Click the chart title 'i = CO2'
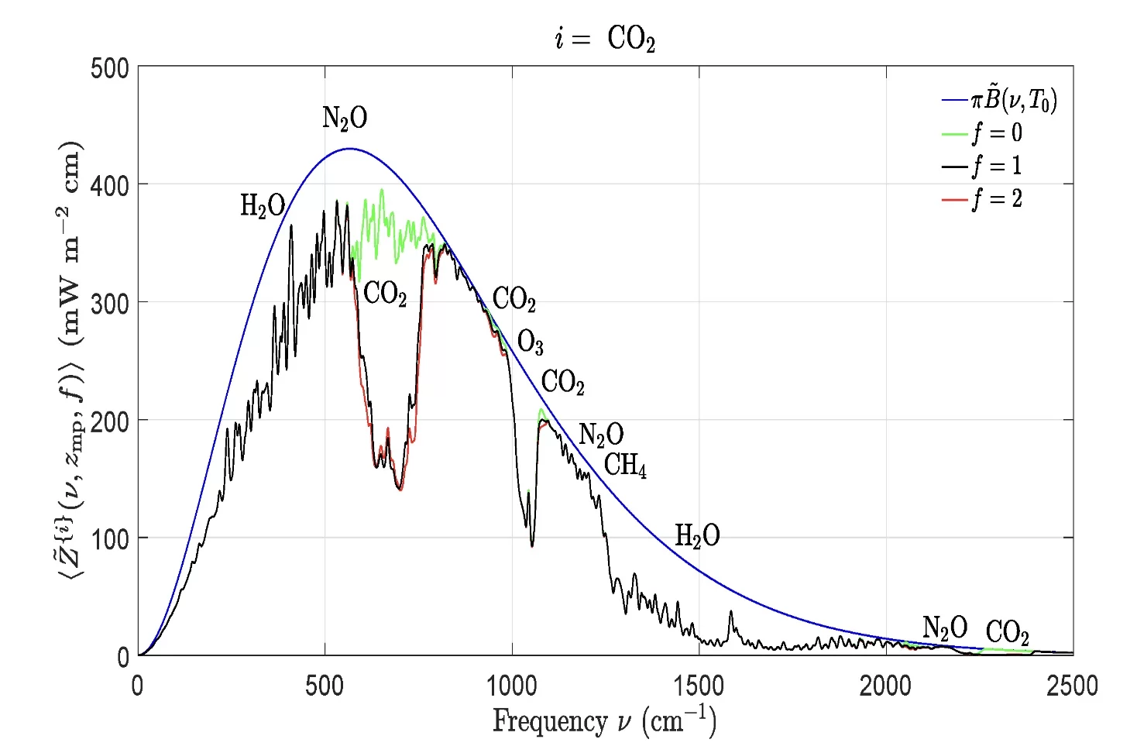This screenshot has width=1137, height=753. (x=605, y=38)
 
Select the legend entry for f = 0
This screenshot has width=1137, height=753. (x=997, y=133)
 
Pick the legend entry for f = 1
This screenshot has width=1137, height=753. (x=997, y=166)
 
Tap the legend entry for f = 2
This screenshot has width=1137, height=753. (x=997, y=199)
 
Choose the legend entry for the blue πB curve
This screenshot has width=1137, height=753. (x=1013, y=100)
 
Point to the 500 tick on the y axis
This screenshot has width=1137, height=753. (x=109, y=68)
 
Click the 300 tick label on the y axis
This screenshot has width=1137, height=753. (x=109, y=304)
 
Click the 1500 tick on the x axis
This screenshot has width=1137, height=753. (x=699, y=686)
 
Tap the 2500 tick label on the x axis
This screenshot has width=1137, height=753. (x=1072, y=686)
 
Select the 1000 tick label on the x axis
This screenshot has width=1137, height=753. (x=511, y=686)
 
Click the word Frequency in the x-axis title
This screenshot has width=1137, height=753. (x=550, y=721)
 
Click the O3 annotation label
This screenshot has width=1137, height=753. (x=531, y=342)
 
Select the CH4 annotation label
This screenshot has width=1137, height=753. (x=625, y=465)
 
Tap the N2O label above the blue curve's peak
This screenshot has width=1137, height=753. (x=345, y=118)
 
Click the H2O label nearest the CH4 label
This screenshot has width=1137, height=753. (x=697, y=535)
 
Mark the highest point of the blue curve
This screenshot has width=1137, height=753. (x=349, y=148)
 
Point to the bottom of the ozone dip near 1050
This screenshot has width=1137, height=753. (x=532, y=545)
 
